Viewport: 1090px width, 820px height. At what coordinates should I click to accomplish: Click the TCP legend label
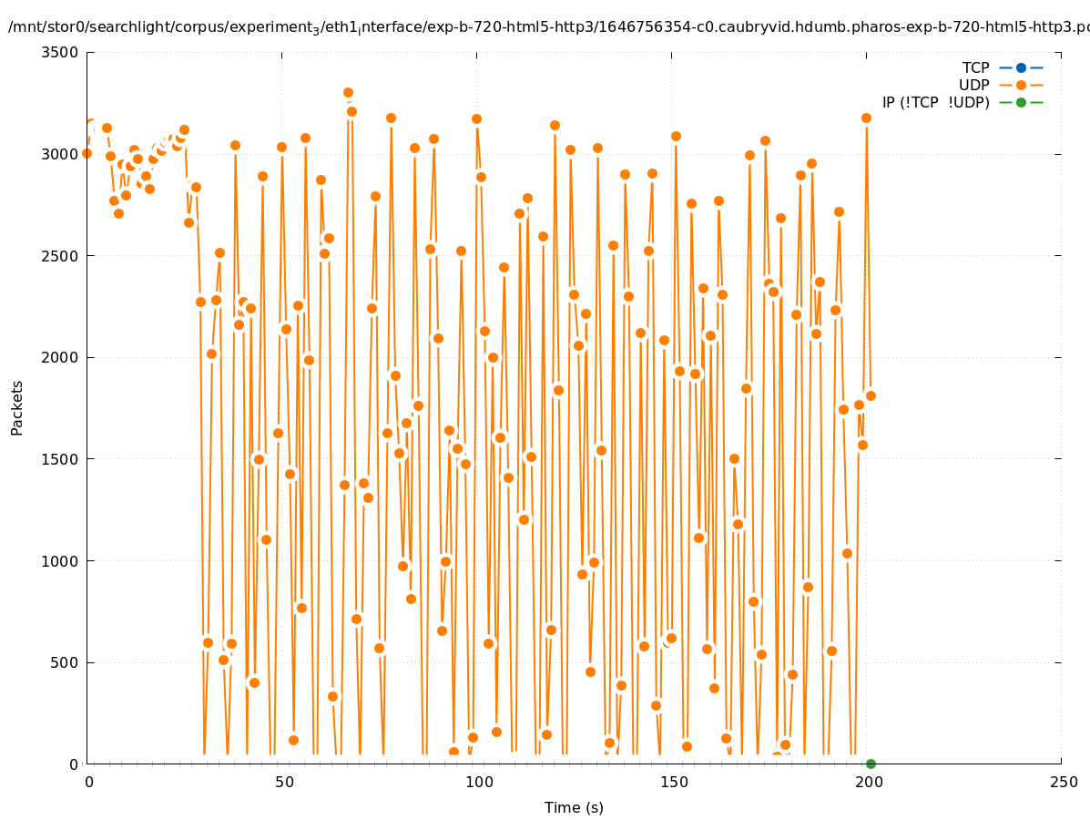(x=975, y=67)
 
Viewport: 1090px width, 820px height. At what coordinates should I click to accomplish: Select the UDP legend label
(x=973, y=85)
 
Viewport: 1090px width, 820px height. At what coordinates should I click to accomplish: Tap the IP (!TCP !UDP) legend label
(x=935, y=102)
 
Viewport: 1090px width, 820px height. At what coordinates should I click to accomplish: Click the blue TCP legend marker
(x=1021, y=67)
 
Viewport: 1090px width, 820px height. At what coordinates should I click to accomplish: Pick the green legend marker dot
(x=1021, y=102)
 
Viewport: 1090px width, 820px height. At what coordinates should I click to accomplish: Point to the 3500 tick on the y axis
(x=61, y=52)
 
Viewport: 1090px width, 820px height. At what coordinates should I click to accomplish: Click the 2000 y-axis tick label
(x=61, y=357)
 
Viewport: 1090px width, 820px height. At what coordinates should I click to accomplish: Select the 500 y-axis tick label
(x=65, y=662)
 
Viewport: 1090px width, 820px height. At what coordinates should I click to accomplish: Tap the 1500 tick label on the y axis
(x=61, y=459)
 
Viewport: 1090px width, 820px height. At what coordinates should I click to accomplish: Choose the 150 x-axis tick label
(x=673, y=782)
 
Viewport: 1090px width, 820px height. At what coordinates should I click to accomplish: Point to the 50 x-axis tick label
(x=283, y=782)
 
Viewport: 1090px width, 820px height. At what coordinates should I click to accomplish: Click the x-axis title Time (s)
(x=574, y=807)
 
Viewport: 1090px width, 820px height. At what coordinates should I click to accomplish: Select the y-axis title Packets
(x=17, y=408)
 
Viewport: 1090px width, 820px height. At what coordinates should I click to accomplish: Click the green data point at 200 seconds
(x=871, y=764)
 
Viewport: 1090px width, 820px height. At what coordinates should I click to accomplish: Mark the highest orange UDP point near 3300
(x=348, y=92)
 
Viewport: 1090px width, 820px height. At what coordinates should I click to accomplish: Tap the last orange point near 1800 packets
(x=871, y=395)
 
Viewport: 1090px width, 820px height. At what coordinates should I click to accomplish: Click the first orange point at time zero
(x=87, y=153)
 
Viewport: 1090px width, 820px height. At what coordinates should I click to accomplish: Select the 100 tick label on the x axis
(x=478, y=782)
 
